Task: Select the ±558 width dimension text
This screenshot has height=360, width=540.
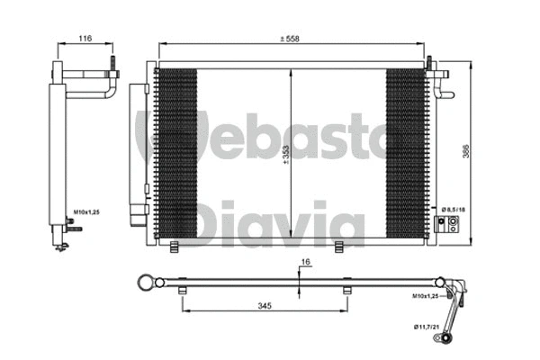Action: click(290, 39)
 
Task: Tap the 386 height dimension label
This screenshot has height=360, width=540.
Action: click(466, 154)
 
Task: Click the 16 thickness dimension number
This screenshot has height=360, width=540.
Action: click(305, 262)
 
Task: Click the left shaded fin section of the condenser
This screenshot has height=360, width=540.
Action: click(175, 153)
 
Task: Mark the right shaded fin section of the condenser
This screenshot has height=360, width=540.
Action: click(405, 153)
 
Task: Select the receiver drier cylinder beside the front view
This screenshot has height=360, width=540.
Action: click(138, 148)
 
